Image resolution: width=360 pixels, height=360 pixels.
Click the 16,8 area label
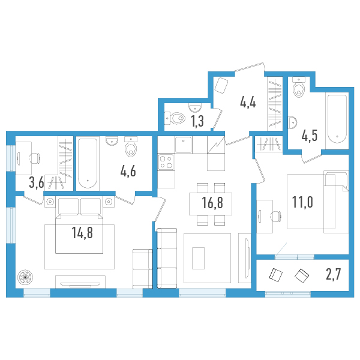(212, 203)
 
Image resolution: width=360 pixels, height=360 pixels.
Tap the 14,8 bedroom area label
(82, 232)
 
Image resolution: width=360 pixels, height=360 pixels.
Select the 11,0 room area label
(302, 202)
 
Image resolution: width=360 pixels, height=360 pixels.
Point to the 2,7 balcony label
(334, 275)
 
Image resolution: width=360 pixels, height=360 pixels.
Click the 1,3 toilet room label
(197, 121)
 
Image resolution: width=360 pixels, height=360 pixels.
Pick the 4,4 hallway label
(248, 102)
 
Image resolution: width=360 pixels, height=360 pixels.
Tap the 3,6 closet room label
(37, 183)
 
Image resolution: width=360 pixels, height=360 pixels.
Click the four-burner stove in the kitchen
(166, 162)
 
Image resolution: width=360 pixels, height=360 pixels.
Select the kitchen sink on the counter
(184, 145)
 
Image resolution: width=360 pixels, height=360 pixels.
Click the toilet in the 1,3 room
(175, 118)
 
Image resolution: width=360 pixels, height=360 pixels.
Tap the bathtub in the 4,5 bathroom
(337, 119)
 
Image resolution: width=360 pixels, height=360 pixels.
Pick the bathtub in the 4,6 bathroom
(88, 163)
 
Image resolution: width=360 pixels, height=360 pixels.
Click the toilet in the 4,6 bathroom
(131, 147)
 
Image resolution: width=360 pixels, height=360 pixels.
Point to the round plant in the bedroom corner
(25, 278)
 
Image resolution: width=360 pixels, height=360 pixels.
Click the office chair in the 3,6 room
(35, 158)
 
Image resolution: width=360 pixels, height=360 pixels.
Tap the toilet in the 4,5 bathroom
(299, 88)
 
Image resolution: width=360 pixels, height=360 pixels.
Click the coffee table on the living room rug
(198, 258)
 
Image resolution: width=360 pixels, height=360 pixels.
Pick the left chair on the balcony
(276, 275)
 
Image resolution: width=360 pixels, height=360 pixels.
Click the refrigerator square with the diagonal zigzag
(216, 145)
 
